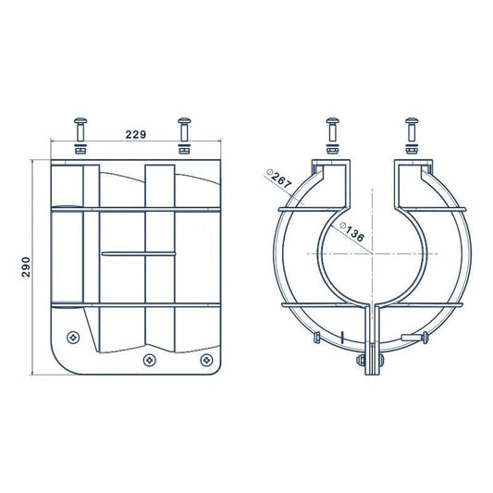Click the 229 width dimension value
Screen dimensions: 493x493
tap(136, 135)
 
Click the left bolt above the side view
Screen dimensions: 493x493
tap(80, 125)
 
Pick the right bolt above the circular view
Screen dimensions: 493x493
tap(412, 126)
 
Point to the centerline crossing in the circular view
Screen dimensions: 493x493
tap(372, 252)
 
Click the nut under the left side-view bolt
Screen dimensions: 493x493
tap(80, 147)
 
